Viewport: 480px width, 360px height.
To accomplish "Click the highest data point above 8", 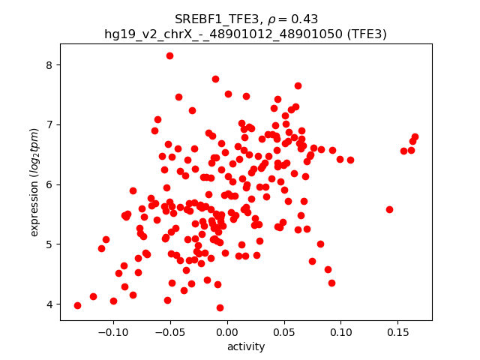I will coord(169,55).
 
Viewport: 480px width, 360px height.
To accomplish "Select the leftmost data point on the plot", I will coord(77,305).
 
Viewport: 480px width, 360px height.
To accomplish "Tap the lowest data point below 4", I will coord(220,307).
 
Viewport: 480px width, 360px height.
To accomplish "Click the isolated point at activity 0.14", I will coord(389,209).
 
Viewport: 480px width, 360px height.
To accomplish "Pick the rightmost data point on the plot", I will coord(415,137).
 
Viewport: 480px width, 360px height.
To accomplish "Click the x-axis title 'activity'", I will coord(246,346).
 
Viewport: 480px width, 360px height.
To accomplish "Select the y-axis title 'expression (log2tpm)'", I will coord(34,183).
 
